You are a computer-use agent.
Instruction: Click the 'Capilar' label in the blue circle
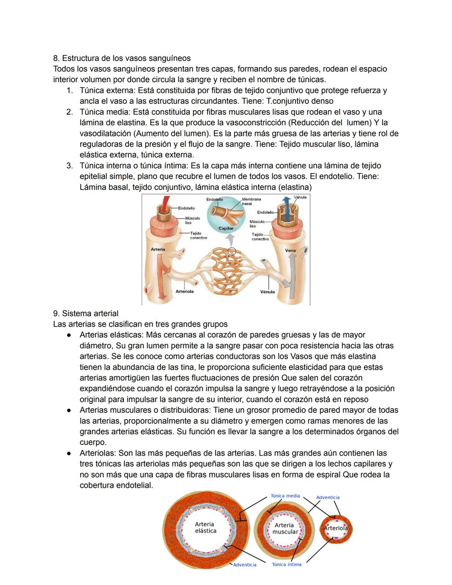(226, 228)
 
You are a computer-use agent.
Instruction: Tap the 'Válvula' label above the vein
(300, 197)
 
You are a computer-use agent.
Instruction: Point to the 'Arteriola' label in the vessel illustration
(185, 291)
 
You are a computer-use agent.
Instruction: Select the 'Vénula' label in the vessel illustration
(267, 292)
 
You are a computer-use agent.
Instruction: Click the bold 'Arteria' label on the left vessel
(158, 249)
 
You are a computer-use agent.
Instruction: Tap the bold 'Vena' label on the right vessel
(290, 250)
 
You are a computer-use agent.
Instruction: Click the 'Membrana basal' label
(251, 201)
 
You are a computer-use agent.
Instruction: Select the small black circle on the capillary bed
(232, 252)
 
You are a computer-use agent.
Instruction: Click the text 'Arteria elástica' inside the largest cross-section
(205, 528)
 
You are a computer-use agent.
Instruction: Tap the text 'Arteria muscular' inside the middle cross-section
(285, 528)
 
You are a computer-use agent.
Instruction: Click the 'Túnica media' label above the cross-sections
(285, 496)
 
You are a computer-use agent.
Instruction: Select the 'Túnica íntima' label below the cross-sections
(287, 564)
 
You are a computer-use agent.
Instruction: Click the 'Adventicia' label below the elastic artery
(245, 565)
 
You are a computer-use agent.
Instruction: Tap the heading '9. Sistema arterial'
(86, 313)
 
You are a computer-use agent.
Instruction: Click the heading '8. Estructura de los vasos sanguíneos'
(122, 58)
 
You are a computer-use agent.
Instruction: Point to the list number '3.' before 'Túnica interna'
(70, 166)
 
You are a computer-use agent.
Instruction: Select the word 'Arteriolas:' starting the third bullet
(98, 453)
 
